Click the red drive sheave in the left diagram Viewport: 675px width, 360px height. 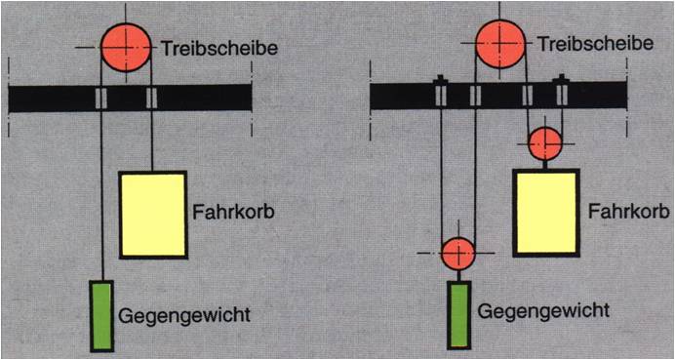pos(126,47)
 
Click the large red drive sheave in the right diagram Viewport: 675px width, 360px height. pos(500,43)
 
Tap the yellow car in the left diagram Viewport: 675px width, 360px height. pos(153,215)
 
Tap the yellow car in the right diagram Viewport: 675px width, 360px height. pos(546,213)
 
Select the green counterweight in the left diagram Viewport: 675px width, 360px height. pos(102,316)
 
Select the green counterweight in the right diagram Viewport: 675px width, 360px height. pos(458,315)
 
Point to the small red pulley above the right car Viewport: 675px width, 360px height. pos(545,143)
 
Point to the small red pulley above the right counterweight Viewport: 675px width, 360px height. pos(458,254)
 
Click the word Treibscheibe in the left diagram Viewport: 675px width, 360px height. pos(219,49)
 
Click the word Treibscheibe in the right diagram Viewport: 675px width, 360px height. pos(596,43)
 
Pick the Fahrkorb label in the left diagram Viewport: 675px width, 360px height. pos(233,213)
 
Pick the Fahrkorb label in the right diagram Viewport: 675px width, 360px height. pos(629,212)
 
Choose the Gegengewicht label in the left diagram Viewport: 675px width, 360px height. pos(184,316)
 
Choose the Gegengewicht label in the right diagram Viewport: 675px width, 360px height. pos(543,311)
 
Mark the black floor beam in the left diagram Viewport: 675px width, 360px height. pos(130,99)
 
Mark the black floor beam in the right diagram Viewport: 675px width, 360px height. pos(498,96)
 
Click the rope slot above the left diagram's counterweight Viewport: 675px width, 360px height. pos(100,99)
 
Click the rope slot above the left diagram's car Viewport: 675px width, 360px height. pos(151,99)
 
